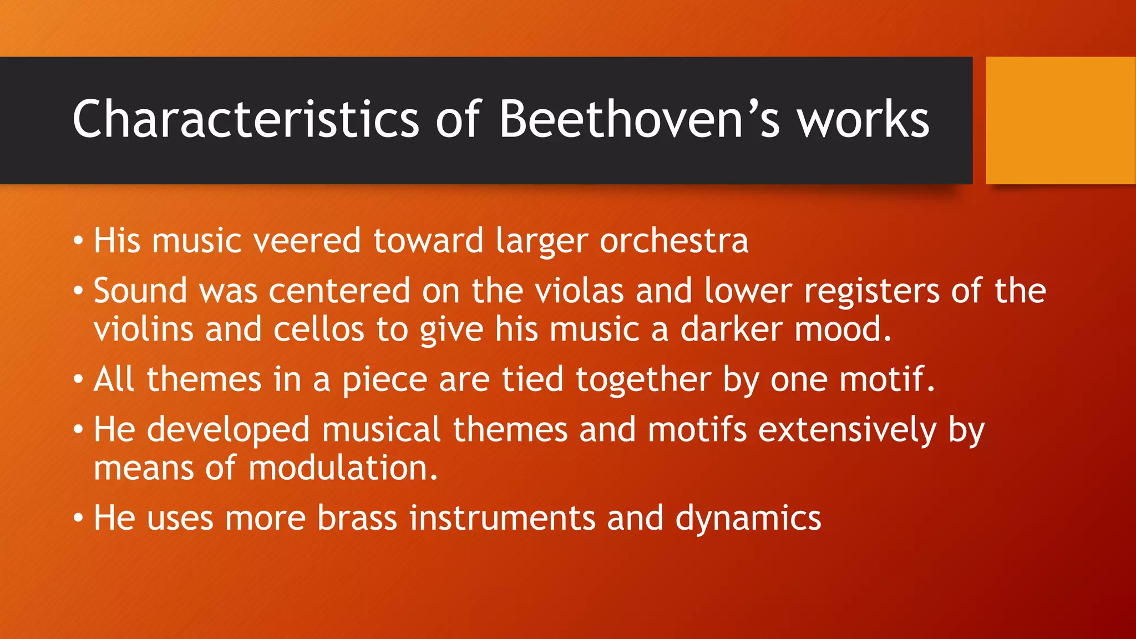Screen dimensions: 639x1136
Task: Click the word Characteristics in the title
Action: tap(245, 119)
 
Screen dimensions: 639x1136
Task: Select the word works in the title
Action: tap(863, 119)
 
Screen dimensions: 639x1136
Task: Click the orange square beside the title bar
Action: tap(1061, 120)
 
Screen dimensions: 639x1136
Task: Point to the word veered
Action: tap(307, 241)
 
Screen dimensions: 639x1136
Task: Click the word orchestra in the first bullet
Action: tap(674, 242)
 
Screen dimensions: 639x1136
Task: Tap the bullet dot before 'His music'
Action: tap(79, 241)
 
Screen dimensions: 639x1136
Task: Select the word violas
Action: tap(579, 291)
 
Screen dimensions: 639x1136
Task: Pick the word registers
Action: tap(871, 292)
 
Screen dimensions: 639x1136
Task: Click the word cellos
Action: tap(318, 329)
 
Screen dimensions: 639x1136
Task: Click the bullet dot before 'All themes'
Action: tap(79, 381)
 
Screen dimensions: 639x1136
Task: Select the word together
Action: tap(643, 381)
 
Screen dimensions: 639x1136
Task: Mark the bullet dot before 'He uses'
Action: tap(79, 519)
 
